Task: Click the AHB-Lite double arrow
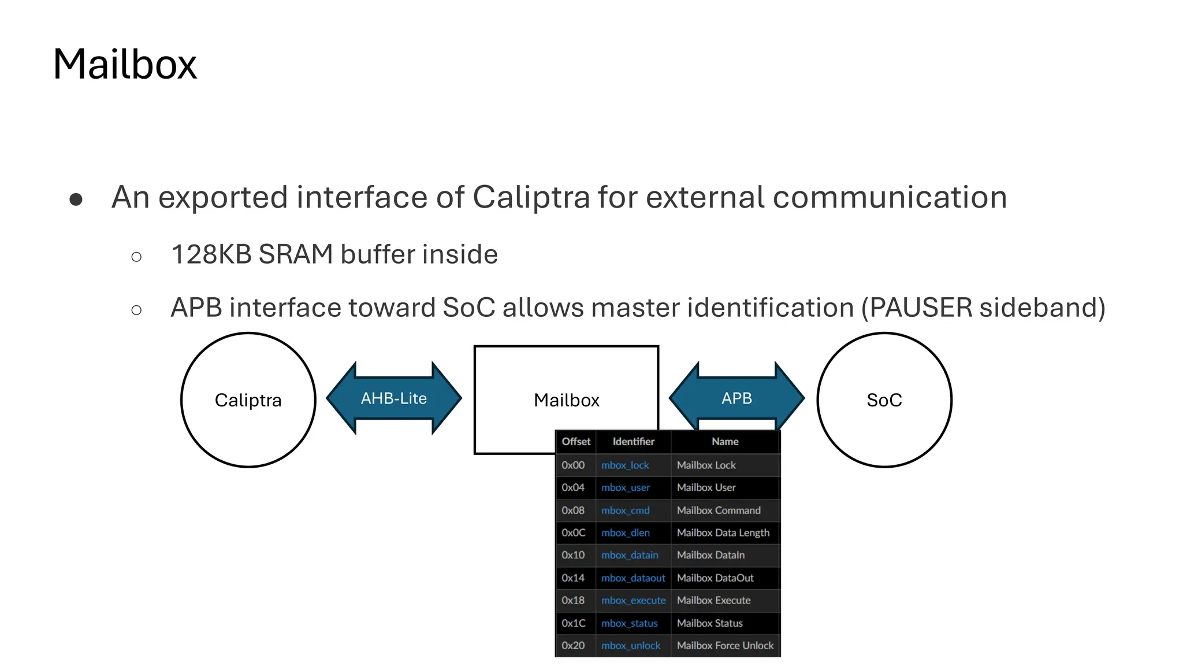(x=394, y=398)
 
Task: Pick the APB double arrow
(x=736, y=398)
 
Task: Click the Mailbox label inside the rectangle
(x=566, y=400)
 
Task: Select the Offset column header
(x=576, y=442)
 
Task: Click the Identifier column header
(x=633, y=442)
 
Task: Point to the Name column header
(x=725, y=442)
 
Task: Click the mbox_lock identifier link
(x=625, y=465)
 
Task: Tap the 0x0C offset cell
(x=573, y=533)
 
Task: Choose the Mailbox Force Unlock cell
(x=725, y=646)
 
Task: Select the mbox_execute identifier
(x=633, y=601)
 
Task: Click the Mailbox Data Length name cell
(x=723, y=533)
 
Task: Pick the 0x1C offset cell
(x=573, y=623)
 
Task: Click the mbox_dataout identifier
(x=633, y=578)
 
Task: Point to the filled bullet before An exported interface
(x=76, y=199)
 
